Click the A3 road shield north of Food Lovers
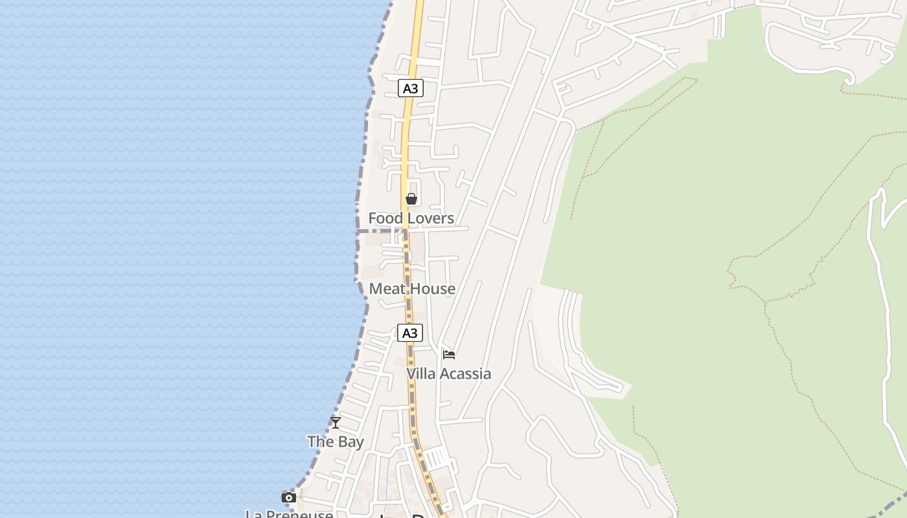coord(410,88)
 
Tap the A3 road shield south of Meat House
coord(409,333)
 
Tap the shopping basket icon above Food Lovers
coord(411,199)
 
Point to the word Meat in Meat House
coord(387,289)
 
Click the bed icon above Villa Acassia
coord(449,354)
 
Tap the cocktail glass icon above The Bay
coord(336,423)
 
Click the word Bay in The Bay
coord(352,442)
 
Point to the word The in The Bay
coord(320,442)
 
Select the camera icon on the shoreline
coord(289,497)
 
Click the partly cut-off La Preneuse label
coord(289,514)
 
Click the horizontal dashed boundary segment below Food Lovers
coord(380,231)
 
